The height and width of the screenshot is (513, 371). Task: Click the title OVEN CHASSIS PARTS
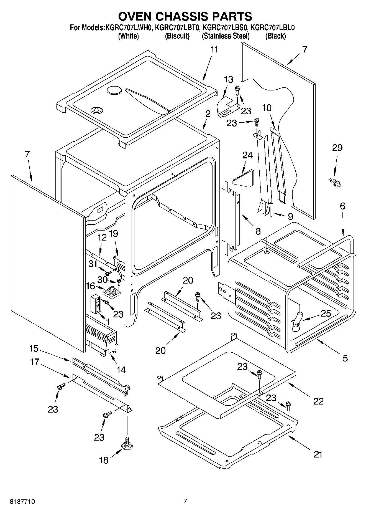[185, 16]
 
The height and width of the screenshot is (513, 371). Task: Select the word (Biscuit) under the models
[177, 36]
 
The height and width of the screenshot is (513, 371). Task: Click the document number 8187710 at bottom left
[22, 501]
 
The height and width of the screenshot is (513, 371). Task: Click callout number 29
[337, 148]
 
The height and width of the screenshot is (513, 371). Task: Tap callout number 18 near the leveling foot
[104, 460]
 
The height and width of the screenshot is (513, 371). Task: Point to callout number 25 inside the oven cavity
[326, 314]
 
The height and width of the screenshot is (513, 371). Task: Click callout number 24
[247, 155]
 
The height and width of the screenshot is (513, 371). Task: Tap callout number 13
[229, 79]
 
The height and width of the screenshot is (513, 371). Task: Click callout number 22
[318, 401]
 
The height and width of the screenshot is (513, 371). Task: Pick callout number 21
[318, 454]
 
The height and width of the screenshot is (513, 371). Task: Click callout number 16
[91, 286]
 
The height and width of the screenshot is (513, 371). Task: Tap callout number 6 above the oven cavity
[342, 206]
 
